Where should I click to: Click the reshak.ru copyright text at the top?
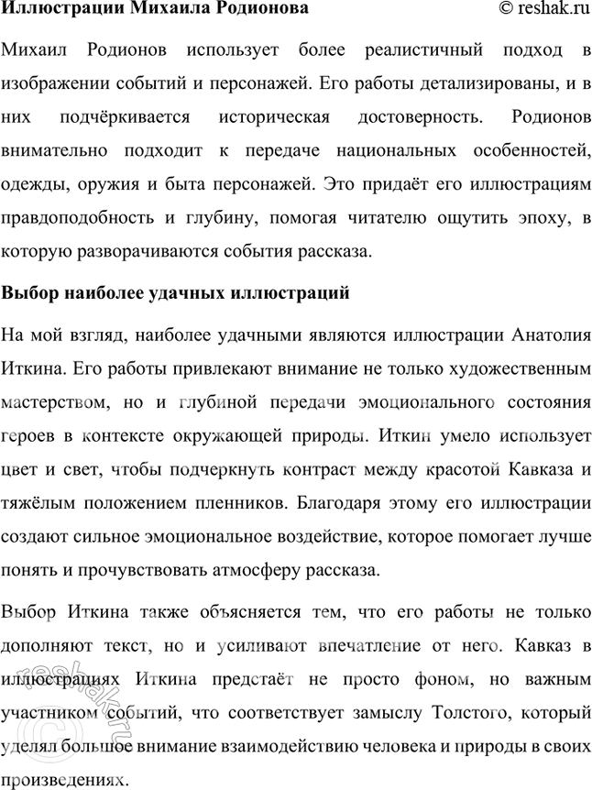(x=543, y=8)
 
